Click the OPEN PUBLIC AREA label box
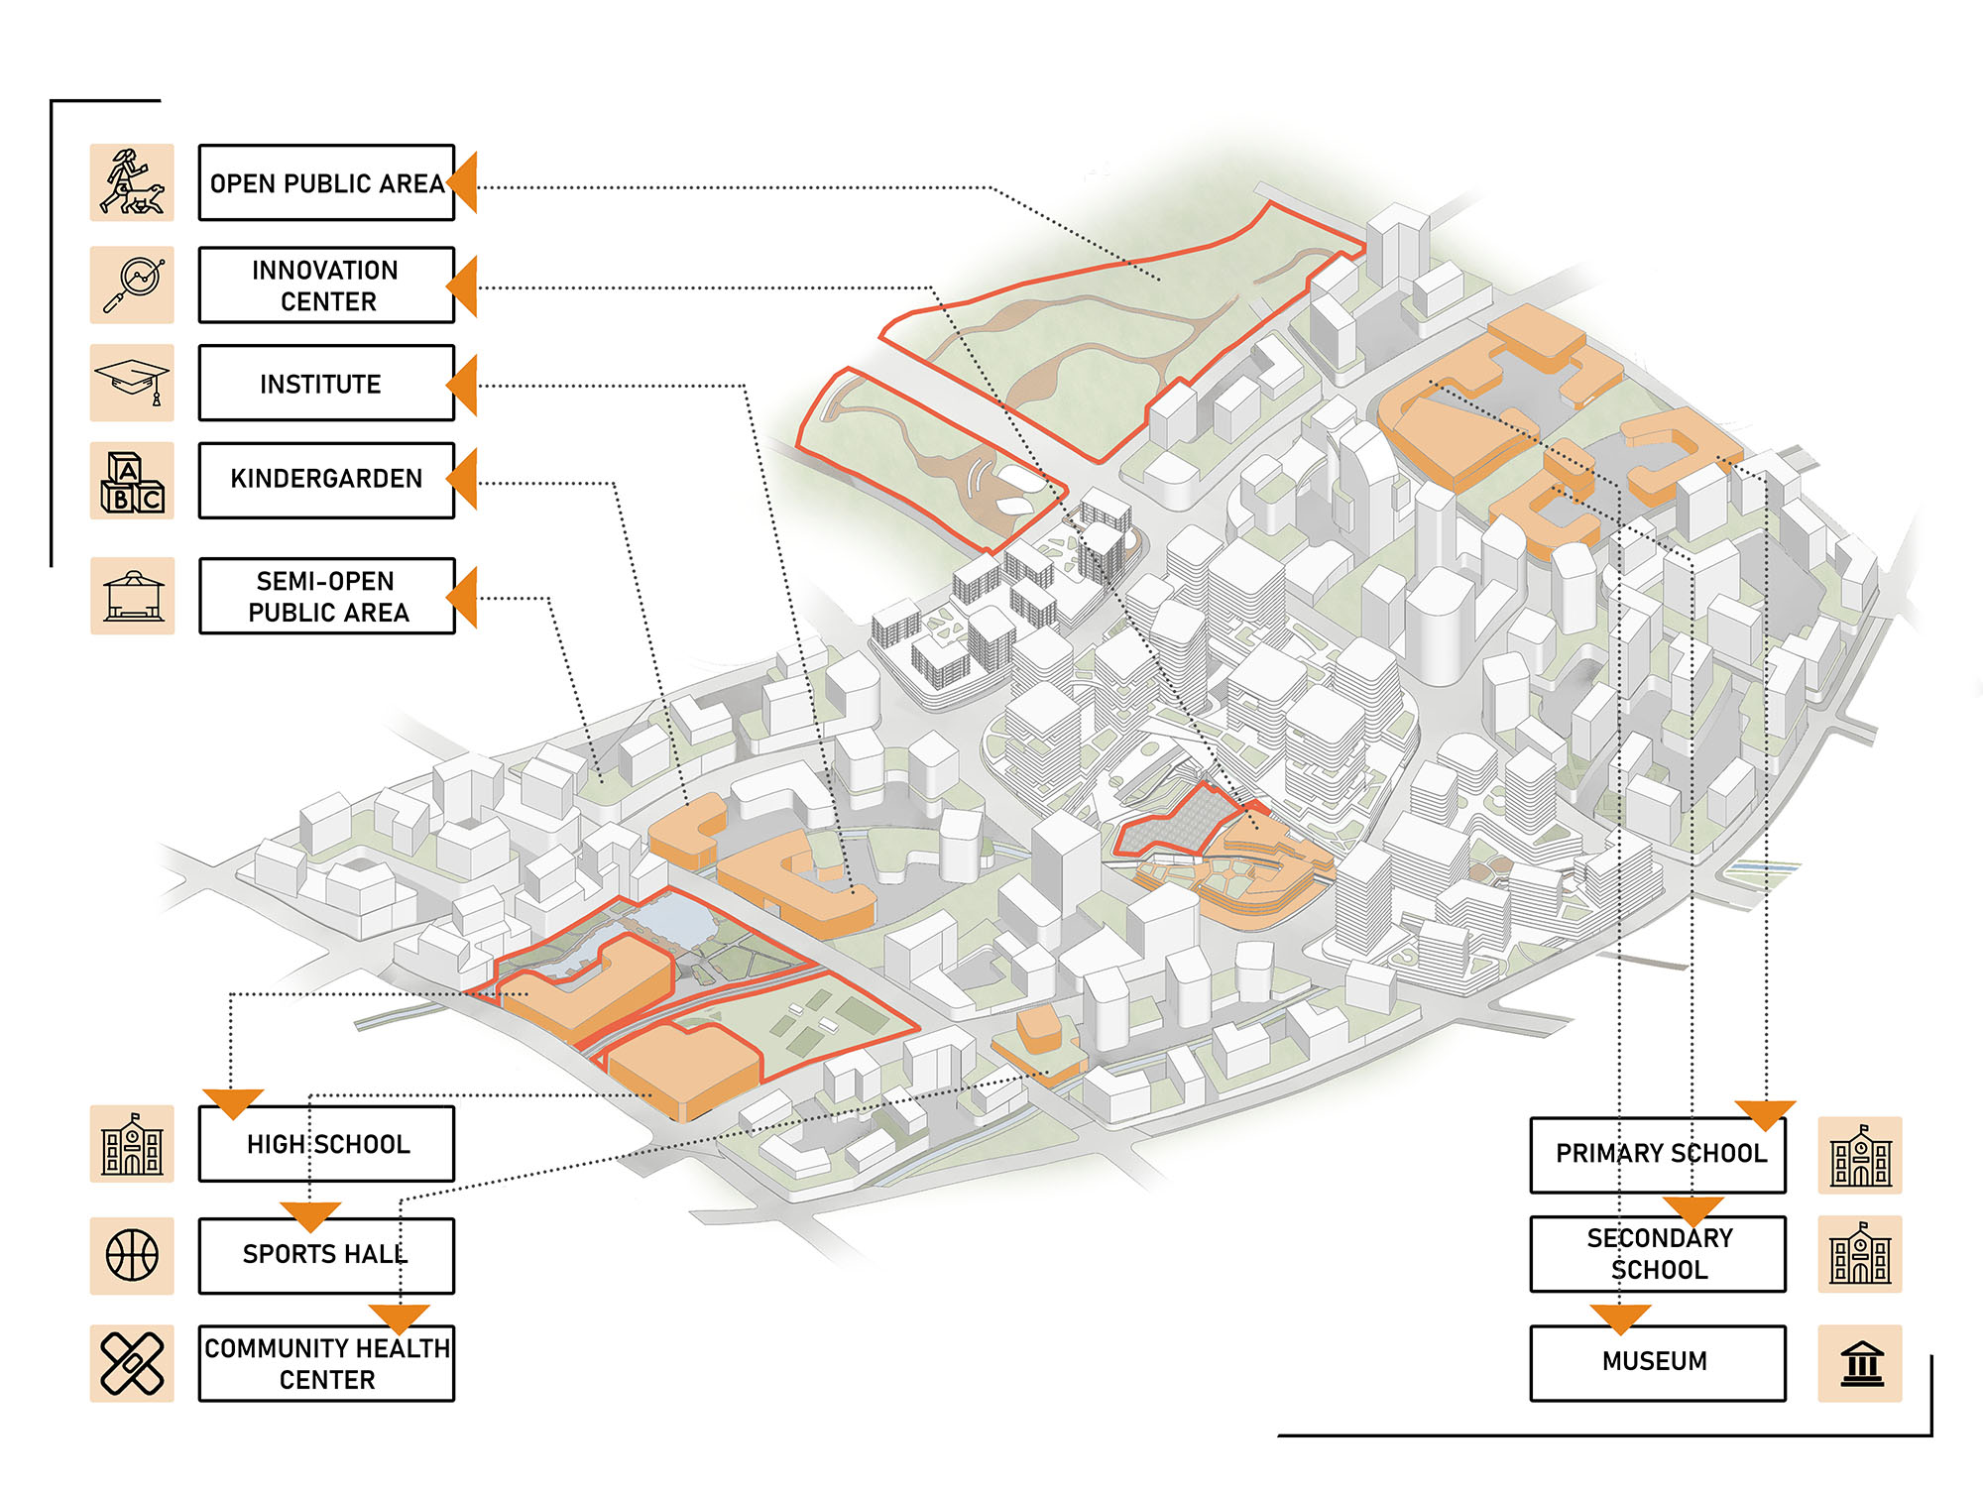326,183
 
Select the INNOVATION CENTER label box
326,286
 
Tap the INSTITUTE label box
326,384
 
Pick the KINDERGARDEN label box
326,480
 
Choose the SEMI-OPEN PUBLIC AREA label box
326,596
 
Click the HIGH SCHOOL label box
326,1144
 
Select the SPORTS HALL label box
326,1255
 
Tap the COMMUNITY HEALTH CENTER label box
326,1363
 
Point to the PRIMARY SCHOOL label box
1658,1155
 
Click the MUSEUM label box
1658,1362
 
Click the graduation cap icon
132,383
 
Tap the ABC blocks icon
132,481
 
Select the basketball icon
132,1255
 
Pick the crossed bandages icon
132,1363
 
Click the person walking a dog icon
132,183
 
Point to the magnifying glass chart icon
132,285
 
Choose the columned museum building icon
1860,1363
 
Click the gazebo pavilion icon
132,596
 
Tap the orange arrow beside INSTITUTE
464,385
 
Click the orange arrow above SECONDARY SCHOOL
1692,1209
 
